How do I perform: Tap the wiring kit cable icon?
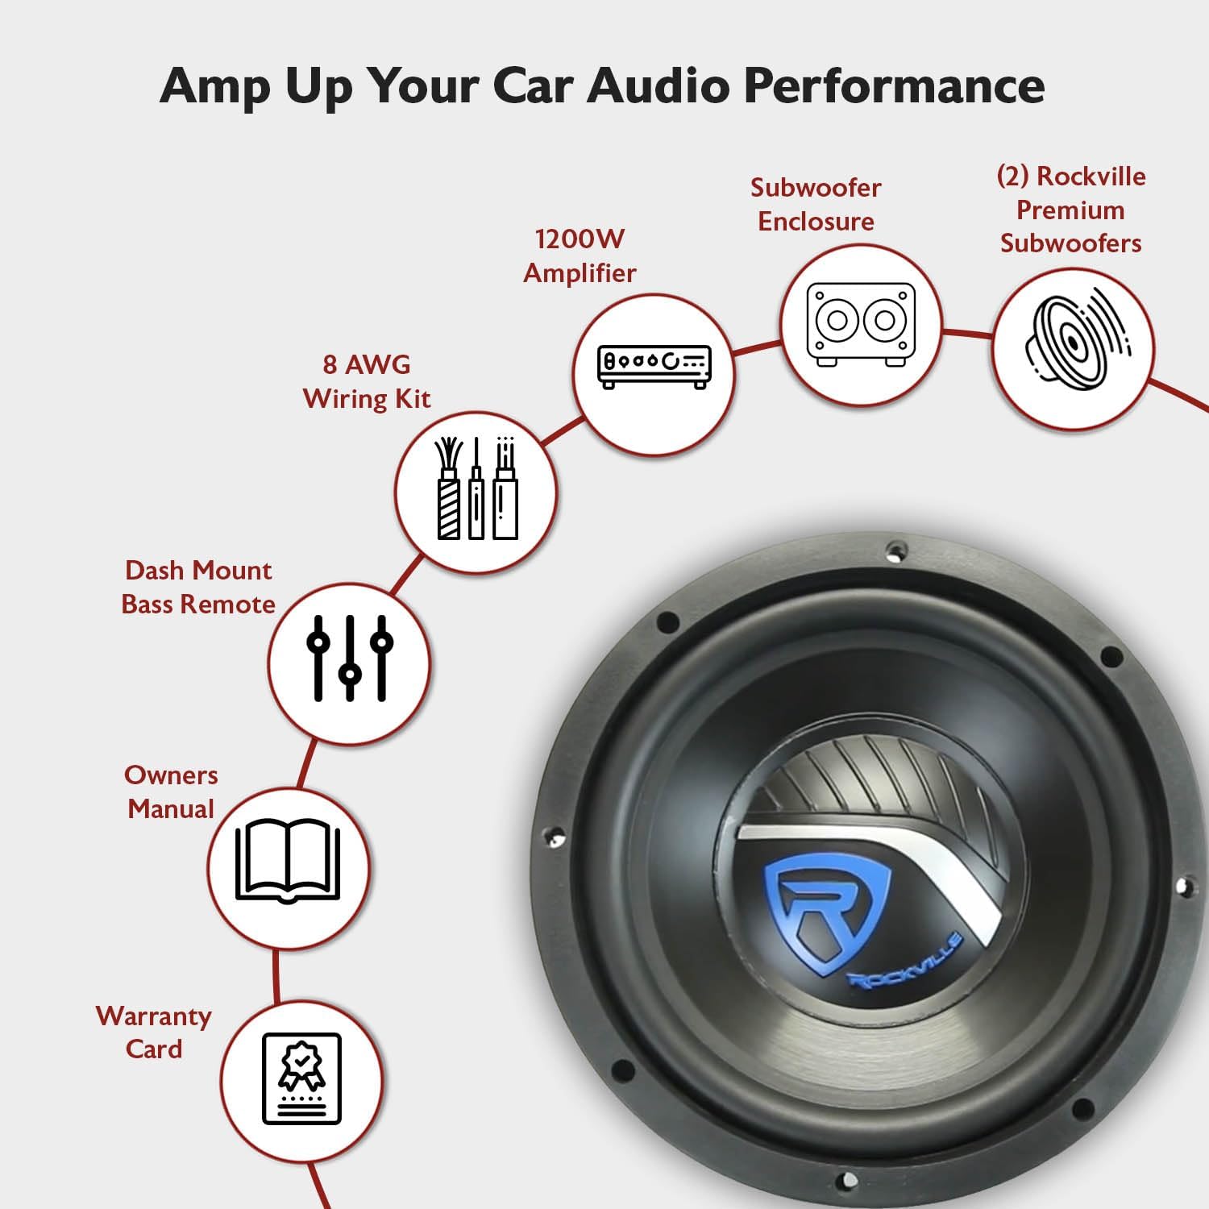point(476,490)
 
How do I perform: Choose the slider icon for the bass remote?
point(350,659)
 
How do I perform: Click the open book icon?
point(288,861)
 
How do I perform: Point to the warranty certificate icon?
point(301,1078)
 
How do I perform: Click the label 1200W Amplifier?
point(580,256)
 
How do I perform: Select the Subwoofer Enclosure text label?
point(816,204)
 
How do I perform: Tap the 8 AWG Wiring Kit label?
point(367,381)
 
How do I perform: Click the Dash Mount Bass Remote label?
point(198,587)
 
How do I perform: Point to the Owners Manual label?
point(171,791)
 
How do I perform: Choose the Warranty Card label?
point(153,1032)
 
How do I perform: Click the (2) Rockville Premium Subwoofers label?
point(1070,210)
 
